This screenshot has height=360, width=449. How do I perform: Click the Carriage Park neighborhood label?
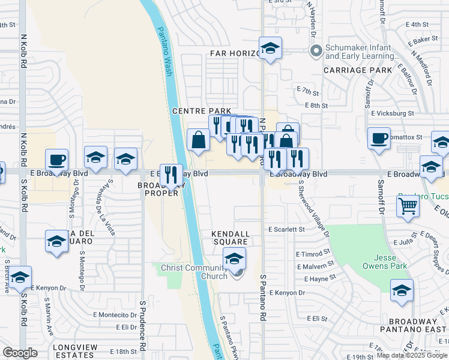pyautogui.click(x=358, y=70)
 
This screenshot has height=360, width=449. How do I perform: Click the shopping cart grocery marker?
pyautogui.click(x=408, y=206)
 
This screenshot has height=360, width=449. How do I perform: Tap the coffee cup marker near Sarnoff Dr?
pyautogui.click(x=379, y=139)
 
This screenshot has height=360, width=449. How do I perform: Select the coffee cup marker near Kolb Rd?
pyautogui.click(x=56, y=160)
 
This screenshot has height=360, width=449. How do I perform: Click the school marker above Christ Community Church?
pyautogui.click(x=235, y=259)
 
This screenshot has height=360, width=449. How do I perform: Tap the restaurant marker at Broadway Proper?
pyautogui.click(x=171, y=175)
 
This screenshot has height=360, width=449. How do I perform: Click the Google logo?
pyautogui.click(x=20, y=353)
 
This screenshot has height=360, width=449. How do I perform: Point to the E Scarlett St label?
pyautogui.click(x=287, y=229)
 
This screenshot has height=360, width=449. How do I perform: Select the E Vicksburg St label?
pyautogui.click(x=392, y=113)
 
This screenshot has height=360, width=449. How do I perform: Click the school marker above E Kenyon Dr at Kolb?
pyautogui.click(x=20, y=277)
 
